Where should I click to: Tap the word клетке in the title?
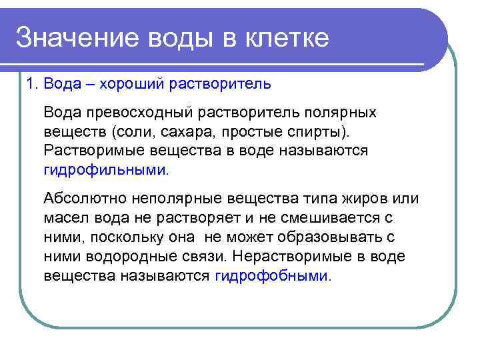pos(289,39)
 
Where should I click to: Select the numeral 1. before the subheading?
pos(31,83)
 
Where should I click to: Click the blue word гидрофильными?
pos(104,169)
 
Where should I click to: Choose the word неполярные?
pos(170,198)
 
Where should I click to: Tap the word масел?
pos(64,217)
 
